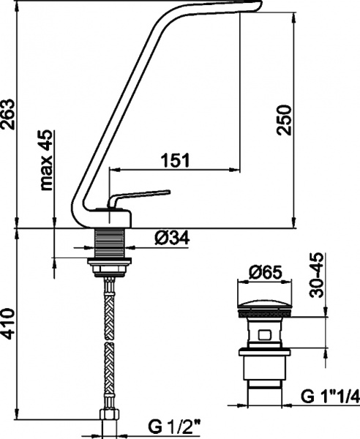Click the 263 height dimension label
click(7, 114)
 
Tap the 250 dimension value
click(283, 120)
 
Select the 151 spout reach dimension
click(175, 160)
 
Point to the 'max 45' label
click(47, 160)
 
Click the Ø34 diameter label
click(172, 238)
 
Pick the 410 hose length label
click(7, 324)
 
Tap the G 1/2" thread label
click(174, 427)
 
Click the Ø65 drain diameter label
click(265, 272)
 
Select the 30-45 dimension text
click(317, 275)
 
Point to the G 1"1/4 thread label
click(331, 397)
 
